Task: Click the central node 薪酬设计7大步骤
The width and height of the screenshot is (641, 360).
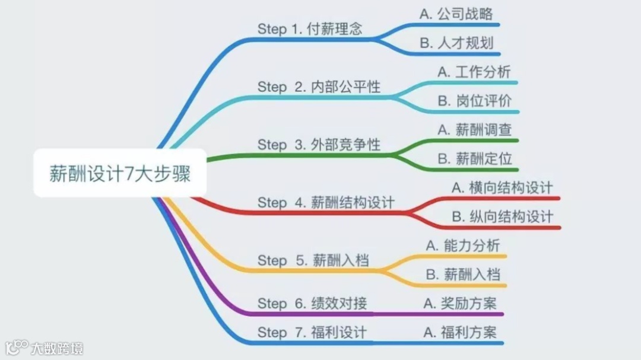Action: click(x=120, y=174)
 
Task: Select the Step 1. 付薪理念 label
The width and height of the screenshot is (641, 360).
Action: click(x=309, y=29)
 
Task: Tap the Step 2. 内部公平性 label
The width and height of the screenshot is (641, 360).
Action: click(x=319, y=87)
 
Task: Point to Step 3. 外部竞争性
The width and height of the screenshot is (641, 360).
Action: click(x=319, y=145)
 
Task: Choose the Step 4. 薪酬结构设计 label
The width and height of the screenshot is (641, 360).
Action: click(x=326, y=203)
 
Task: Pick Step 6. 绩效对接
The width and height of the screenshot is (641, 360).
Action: click(x=312, y=304)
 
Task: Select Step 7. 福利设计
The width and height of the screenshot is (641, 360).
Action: click(x=312, y=332)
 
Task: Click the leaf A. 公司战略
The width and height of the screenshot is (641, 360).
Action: click(x=456, y=14)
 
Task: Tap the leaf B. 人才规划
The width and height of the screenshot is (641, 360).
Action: click(x=456, y=43)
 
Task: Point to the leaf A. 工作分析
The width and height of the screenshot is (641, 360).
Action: click(x=474, y=72)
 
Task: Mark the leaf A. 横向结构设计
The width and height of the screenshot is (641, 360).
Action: click(x=502, y=188)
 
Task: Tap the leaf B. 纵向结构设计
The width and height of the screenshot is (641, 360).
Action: click(x=502, y=216)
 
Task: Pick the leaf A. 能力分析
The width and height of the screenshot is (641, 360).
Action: click(x=463, y=246)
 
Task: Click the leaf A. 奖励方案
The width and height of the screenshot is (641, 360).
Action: click(x=460, y=304)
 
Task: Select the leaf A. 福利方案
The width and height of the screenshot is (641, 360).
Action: click(x=460, y=332)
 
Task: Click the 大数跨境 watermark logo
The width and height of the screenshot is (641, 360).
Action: click(x=45, y=347)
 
